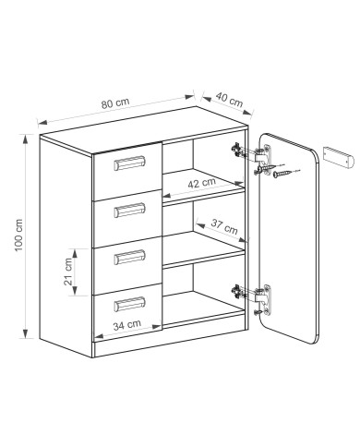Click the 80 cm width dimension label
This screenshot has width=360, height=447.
point(115,103)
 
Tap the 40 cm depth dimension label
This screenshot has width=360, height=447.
point(229,99)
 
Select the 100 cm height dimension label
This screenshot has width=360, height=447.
point(19,236)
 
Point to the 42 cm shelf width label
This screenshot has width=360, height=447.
point(202,183)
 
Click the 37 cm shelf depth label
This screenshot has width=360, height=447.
point(224,226)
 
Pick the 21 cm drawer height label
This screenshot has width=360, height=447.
point(68,272)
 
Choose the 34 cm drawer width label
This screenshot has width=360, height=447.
point(127,325)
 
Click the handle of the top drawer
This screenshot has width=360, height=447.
point(129,163)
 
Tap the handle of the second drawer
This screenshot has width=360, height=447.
point(129,211)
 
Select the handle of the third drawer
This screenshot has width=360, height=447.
point(129,257)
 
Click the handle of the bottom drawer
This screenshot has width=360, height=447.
point(129,304)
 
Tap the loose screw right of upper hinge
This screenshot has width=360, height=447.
point(282,174)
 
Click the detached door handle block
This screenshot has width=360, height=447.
point(338,157)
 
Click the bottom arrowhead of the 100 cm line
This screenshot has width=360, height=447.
point(26,333)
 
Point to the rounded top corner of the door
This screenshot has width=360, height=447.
point(312,154)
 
